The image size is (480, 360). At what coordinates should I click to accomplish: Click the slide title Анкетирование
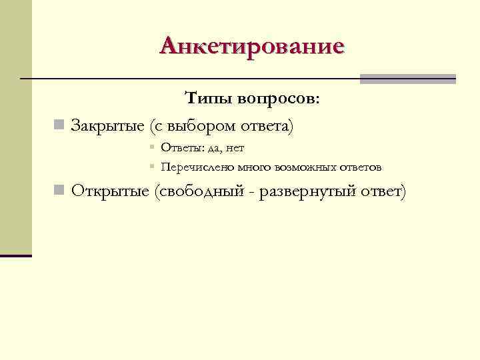tap(252, 46)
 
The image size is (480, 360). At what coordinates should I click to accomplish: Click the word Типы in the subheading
tap(207, 99)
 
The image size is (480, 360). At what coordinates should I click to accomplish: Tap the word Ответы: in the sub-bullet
tap(179, 147)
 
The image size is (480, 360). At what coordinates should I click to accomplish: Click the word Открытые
tap(109, 191)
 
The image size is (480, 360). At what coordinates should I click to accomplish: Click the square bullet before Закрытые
tap(59, 125)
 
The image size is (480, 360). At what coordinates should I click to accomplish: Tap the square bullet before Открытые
tap(59, 191)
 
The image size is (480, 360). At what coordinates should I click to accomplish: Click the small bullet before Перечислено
tap(152, 167)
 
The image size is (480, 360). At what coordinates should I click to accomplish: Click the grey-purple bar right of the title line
tap(407, 79)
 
